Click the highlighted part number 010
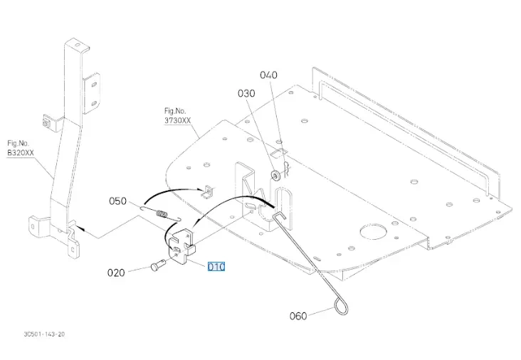click(x=216, y=267)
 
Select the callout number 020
click(x=117, y=272)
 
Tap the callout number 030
click(x=246, y=93)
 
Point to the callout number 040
click(x=269, y=75)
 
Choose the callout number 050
click(x=117, y=201)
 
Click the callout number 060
click(x=299, y=314)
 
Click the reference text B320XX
click(x=21, y=152)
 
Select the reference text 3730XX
click(x=177, y=121)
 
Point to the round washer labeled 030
click(x=274, y=175)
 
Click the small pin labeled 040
click(x=287, y=168)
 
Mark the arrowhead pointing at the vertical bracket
click(x=79, y=230)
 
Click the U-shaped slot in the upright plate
click(x=280, y=202)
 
